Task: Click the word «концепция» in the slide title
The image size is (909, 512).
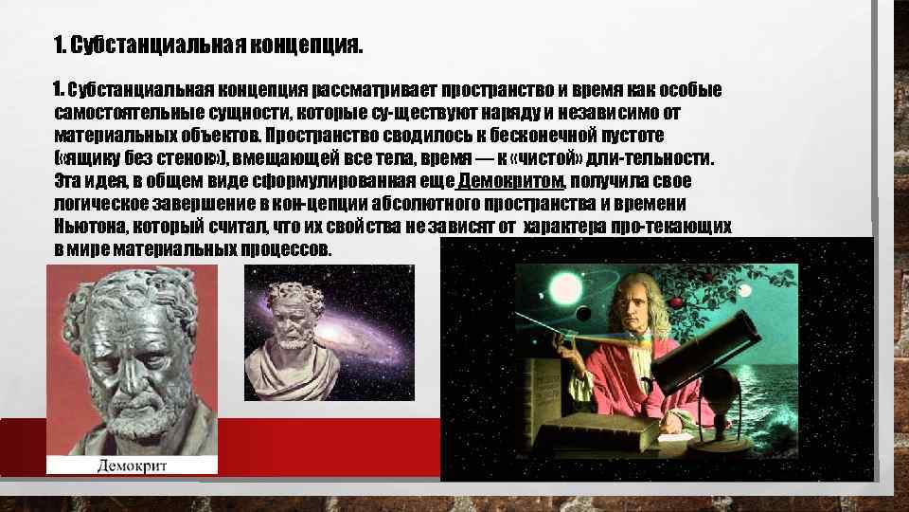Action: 303,46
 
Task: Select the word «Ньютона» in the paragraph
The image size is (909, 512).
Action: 89,228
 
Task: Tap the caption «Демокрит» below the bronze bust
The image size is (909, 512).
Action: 133,464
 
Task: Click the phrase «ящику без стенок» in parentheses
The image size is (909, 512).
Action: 122,158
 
